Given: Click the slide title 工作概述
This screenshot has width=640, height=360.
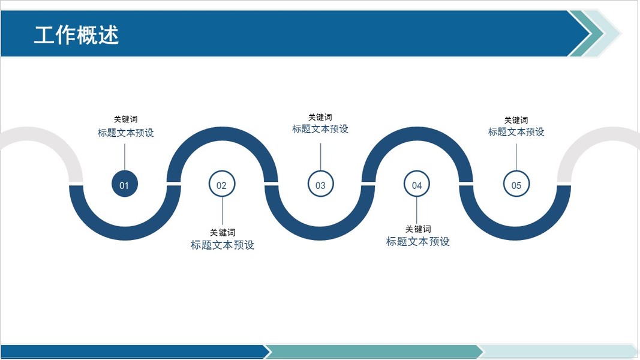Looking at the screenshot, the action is (76, 35).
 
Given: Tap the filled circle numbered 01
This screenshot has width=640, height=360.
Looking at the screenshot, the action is (125, 185).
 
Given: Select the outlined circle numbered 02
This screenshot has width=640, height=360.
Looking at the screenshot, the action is (222, 185).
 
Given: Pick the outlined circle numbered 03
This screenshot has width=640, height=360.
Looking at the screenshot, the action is (320, 185).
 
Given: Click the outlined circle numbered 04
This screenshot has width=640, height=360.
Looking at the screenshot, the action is (417, 185).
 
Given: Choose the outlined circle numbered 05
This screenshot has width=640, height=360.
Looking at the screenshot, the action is (516, 185).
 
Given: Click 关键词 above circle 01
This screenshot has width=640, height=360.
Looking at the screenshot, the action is (125, 119).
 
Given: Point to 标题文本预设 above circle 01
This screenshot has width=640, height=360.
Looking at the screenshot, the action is (125, 133).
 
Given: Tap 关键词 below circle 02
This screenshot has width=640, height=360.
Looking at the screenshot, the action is (223, 232).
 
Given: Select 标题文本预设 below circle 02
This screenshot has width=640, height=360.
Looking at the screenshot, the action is (223, 245).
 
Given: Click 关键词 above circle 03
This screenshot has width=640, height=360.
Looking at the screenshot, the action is (320, 117).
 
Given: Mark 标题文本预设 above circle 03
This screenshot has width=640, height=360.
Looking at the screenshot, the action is (320, 129).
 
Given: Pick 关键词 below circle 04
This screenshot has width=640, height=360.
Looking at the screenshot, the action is (418, 229).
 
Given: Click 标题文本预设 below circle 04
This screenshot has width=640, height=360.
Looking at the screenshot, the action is (418, 242).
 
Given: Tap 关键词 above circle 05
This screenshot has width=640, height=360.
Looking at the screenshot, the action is (516, 120).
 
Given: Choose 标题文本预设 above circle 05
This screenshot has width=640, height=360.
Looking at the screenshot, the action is (516, 132).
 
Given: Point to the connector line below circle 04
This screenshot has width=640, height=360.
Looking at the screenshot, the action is (417, 210).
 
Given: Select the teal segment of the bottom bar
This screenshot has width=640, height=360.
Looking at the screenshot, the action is (372, 352).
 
